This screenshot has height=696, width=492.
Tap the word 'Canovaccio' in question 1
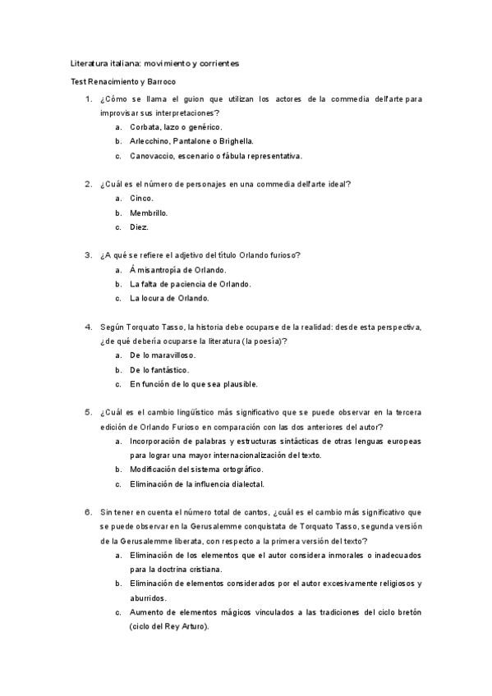[149, 156]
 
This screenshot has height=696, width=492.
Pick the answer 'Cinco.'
[141, 199]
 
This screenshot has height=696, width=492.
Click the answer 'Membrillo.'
[149, 213]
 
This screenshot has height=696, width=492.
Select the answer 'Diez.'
[140, 227]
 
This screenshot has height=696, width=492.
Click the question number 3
[88, 255]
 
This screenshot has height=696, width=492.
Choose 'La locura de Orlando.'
[169, 298]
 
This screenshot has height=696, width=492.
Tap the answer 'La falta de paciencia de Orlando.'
[191, 284]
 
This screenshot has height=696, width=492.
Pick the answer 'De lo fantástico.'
[159, 369]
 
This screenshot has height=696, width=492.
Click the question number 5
[88, 412]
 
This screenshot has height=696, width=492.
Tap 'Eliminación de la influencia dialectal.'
[196, 484]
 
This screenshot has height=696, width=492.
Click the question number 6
[88, 512]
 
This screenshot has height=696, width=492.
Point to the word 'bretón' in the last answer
[407, 612]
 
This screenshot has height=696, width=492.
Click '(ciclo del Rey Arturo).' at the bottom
[168, 627]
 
